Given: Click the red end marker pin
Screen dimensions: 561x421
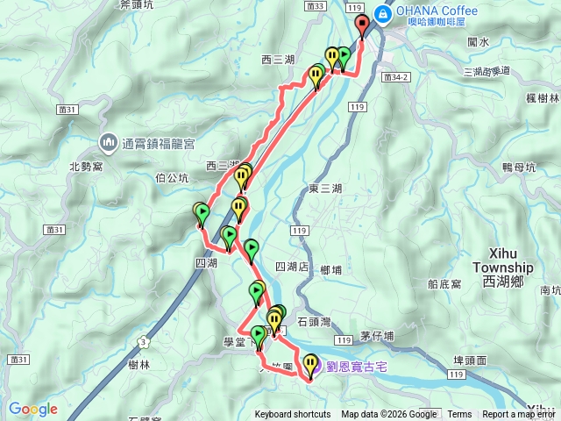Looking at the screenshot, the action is pyautogui.click(x=362, y=25).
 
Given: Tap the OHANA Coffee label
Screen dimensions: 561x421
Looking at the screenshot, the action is pyautogui.click(x=437, y=11).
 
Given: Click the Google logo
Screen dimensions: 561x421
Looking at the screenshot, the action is pyautogui.click(x=32, y=409).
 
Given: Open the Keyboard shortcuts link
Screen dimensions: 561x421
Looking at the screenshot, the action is pyautogui.click(x=293, y=415).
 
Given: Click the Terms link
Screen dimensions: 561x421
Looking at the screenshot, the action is pyautogui.click(x=459, y=415).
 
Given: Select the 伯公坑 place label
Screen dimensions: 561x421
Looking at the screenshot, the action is pyautogui.click(x=171, y=178).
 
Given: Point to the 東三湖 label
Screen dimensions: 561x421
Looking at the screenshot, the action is pyautogui.click(x=326, y=187).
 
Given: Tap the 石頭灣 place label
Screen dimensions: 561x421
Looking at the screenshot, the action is pyautogui.click(x=316, y=322).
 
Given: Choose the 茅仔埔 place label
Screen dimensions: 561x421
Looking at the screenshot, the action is pyautogui.click(x=377, y=336).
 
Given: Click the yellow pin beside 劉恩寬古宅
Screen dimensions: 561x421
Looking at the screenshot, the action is pyautogui.click(x=311, y=362).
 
